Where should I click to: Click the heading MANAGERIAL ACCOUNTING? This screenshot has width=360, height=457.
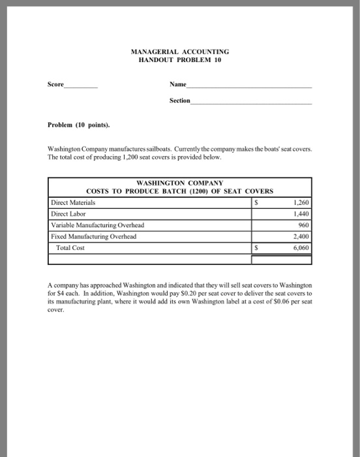click(180, 51)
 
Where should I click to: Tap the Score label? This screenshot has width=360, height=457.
click(56, 84)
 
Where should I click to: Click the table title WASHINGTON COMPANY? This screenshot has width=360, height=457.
click(179, 183)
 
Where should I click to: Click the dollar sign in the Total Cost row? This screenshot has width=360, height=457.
click(256, 248)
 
